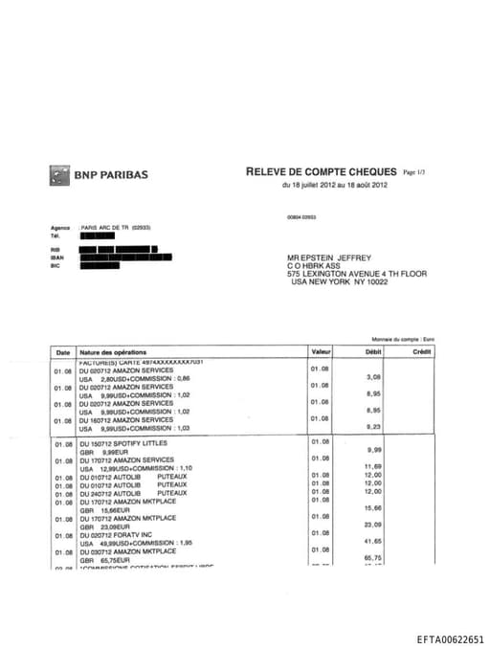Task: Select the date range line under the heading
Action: [x=334, y=186]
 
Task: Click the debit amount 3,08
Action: [x=374, y=377]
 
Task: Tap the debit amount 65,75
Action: [x=373, y=558]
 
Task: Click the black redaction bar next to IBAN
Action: [x=126, y=257]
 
